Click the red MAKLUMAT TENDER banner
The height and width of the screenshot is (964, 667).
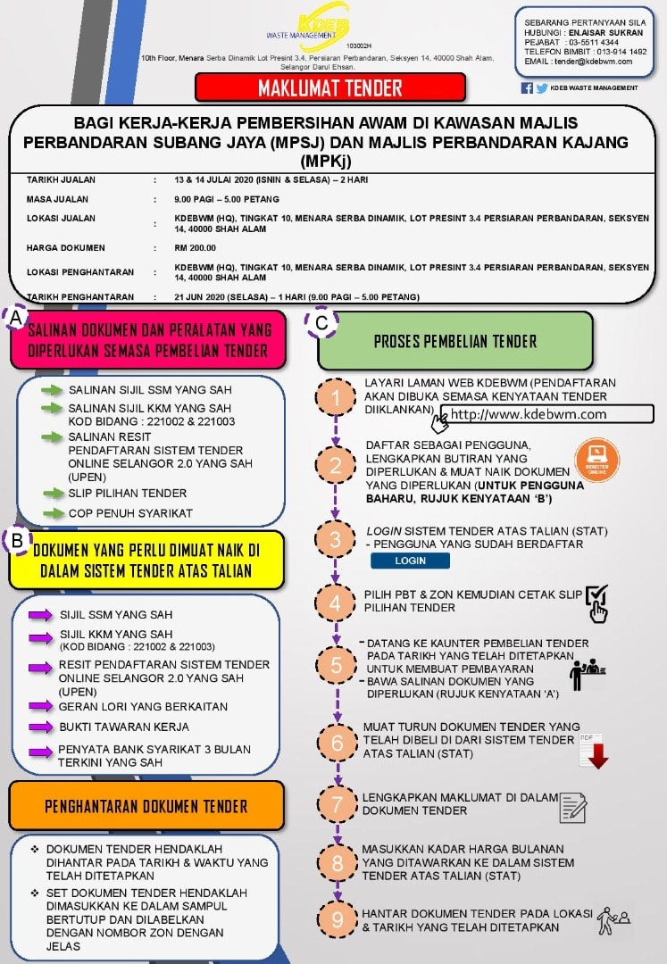pos(330,87)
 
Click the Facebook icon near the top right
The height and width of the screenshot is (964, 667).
pos(527,87)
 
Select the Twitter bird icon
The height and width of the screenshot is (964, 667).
pos(542,87)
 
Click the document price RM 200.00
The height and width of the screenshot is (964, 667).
pos(195,248)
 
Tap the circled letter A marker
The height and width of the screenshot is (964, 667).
pos(16,318)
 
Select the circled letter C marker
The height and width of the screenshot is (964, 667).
pos(321,322)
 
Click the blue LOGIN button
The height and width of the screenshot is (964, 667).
pos(410,561)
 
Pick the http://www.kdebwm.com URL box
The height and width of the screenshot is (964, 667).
pos(547,414)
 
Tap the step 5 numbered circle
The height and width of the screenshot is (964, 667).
pos(336,665)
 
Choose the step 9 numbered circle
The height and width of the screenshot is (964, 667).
pos(338,919)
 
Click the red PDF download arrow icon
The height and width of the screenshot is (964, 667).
pos(594,752)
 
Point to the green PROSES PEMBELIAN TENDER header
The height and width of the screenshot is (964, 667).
pos(455,341)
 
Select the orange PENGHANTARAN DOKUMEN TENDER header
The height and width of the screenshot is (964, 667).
pos(146,806)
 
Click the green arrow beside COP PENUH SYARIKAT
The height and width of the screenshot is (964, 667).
pos(54,513)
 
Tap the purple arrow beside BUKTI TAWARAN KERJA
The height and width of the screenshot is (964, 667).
pos(40,727)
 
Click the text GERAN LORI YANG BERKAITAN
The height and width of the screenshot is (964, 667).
pos(143,707)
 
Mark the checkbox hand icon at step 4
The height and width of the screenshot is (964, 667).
pos(597,603)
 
